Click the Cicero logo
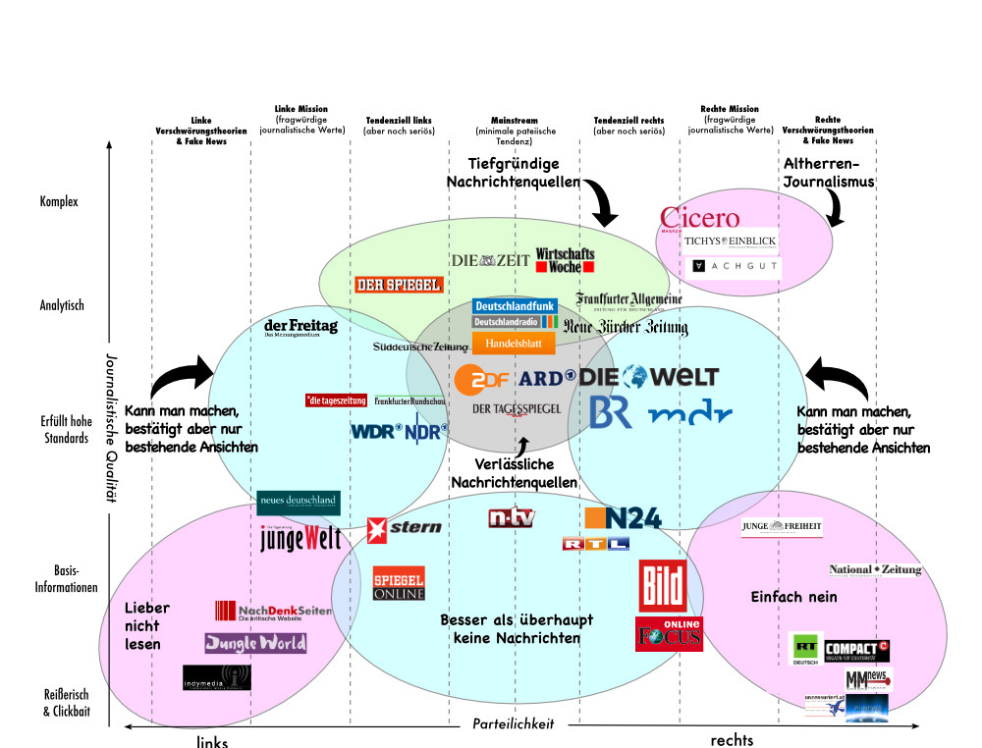coord(699,218)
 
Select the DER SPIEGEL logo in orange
coord(399,285)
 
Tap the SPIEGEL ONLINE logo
coord(399,583)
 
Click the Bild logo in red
coord(663,587)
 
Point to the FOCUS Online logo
coord(669,634)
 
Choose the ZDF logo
coord(482,378)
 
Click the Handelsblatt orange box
coord(514,344)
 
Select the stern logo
coord(404,529)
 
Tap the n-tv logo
coord(512,517)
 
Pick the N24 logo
coord(623,518)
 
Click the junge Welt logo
coord(300,538)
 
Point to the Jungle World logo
coord(255,643)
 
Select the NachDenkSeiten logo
coord(272,612)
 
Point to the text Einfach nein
coord(793,597)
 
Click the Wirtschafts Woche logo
coord(565,260)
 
